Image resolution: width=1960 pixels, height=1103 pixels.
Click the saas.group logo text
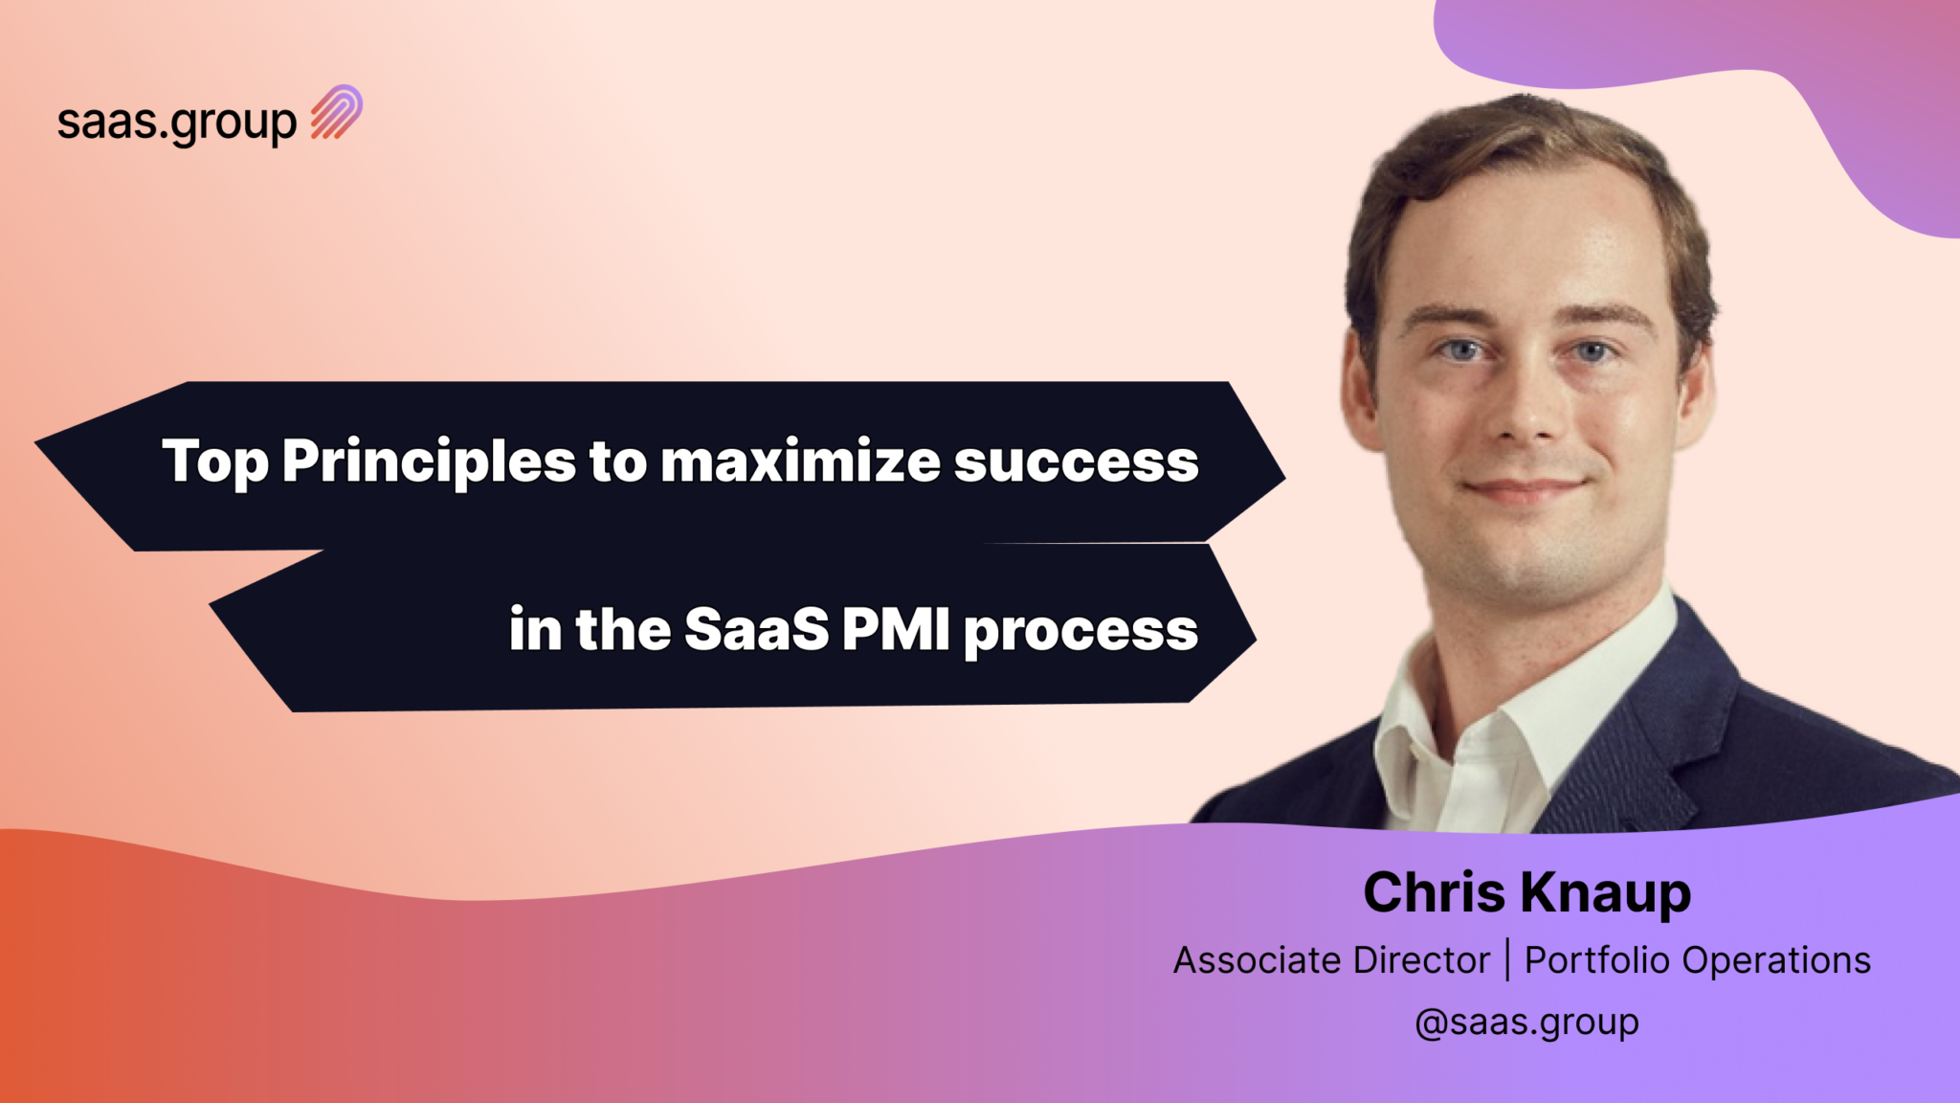[x=177, y=123]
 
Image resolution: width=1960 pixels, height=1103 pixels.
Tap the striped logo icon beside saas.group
[x=337, y=113]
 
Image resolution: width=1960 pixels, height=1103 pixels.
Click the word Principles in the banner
[x=429, y=461]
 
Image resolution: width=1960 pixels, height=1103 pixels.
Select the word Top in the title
[x=214, y=461]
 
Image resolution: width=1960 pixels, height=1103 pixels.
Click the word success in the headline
[x=1076, y=461]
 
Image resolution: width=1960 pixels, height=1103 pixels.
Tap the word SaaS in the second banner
[x=757, y=630]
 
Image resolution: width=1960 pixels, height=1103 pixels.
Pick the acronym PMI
[x=896, y=630]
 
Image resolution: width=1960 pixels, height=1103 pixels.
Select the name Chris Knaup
[x=1526, y=892]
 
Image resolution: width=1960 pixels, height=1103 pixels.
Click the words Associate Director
[x=1331, y=960]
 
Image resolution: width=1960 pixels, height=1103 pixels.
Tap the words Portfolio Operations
[x=1697, y=960]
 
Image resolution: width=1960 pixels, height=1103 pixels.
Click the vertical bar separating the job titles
[x=1508, y=960]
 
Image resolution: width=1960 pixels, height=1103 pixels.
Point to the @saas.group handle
[x=1526, y=1023]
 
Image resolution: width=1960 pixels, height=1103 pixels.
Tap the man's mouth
[x=1524, y=488]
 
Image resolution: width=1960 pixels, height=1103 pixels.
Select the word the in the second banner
[x=623, y=630]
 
